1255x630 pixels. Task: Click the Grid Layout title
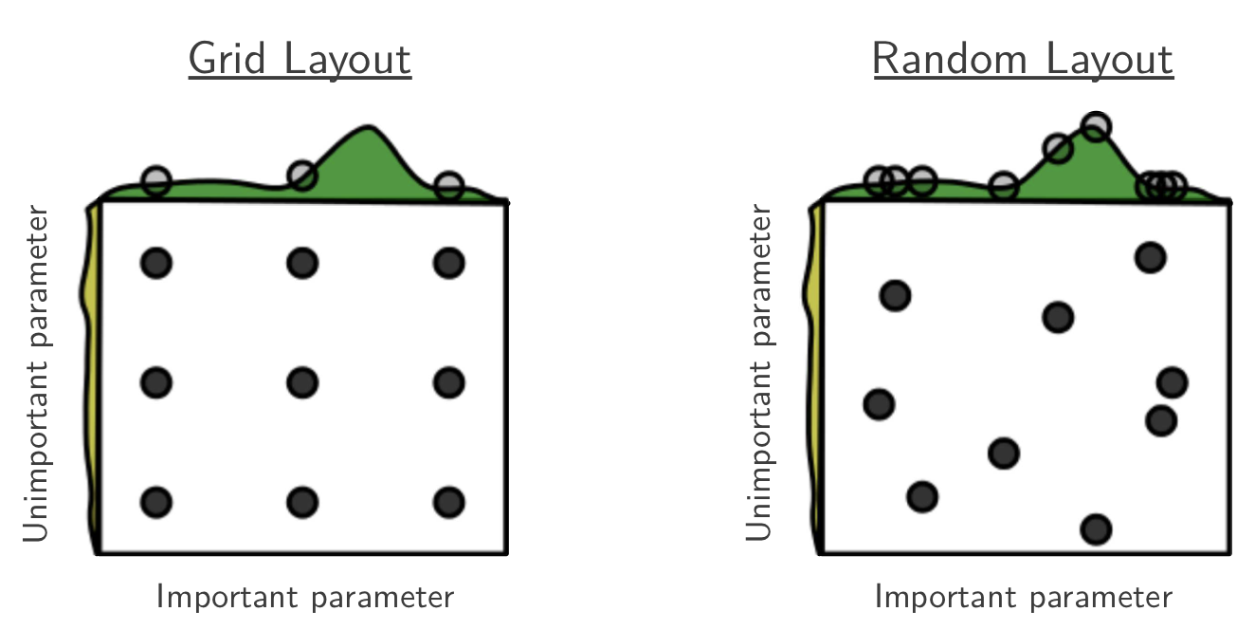(300, 59)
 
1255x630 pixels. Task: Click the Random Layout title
(1023, 59)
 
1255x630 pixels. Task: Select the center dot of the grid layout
(302, 383)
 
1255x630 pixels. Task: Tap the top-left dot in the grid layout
(156, 263)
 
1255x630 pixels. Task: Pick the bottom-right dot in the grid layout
(448, 502)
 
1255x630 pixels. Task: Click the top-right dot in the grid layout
(448, 263)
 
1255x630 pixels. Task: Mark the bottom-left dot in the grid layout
(156, 502)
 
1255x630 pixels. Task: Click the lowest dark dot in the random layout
(1096, 529)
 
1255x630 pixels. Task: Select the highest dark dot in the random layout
(1150, 258)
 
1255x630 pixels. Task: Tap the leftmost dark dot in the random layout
(879, 404)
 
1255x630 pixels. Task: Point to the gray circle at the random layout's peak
(1096, 126)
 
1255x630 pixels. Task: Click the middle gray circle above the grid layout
(302, 176)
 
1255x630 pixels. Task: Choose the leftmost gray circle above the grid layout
(156, 181)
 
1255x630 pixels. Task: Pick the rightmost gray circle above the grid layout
(448, 186)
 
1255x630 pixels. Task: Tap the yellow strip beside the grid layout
(91, 376)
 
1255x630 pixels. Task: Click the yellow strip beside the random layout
(814, 376)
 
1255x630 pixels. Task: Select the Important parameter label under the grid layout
(305, 597)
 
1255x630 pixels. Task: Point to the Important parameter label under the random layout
(1023, 597)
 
